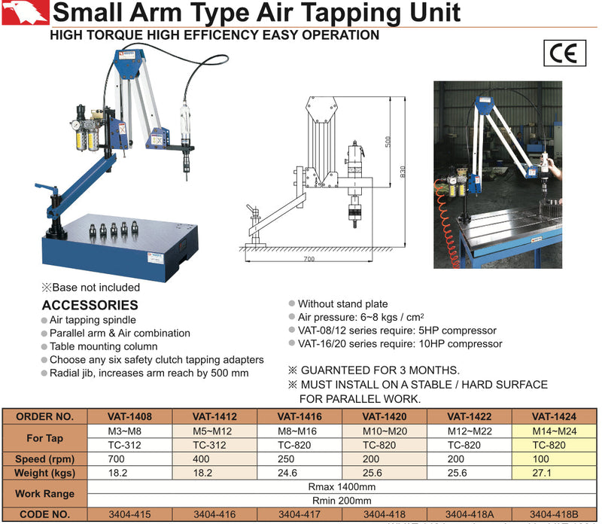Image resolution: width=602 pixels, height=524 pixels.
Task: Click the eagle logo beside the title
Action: coord(25,14)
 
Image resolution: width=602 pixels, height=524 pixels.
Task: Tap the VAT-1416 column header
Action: coord(300,416)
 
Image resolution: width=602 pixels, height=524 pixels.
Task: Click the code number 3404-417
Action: coord(300,515)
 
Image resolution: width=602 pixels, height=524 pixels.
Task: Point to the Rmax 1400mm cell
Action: coord(342,487)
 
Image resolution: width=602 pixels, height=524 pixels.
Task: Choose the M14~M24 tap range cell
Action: coord(554,430)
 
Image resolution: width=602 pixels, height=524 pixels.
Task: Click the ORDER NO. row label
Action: coord(44,416)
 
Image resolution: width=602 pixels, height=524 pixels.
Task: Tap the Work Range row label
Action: coord(44,494)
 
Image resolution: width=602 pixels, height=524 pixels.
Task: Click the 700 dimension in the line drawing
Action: coord(309,258)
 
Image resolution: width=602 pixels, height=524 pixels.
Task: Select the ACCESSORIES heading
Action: coord(90,305)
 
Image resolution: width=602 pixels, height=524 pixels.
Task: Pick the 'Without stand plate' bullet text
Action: coord(342,304)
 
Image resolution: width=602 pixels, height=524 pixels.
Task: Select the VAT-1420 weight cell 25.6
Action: coord(385,472)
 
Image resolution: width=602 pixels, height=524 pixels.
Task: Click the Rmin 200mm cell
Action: coord(342,501)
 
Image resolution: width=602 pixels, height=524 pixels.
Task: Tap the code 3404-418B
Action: coord(554,515)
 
